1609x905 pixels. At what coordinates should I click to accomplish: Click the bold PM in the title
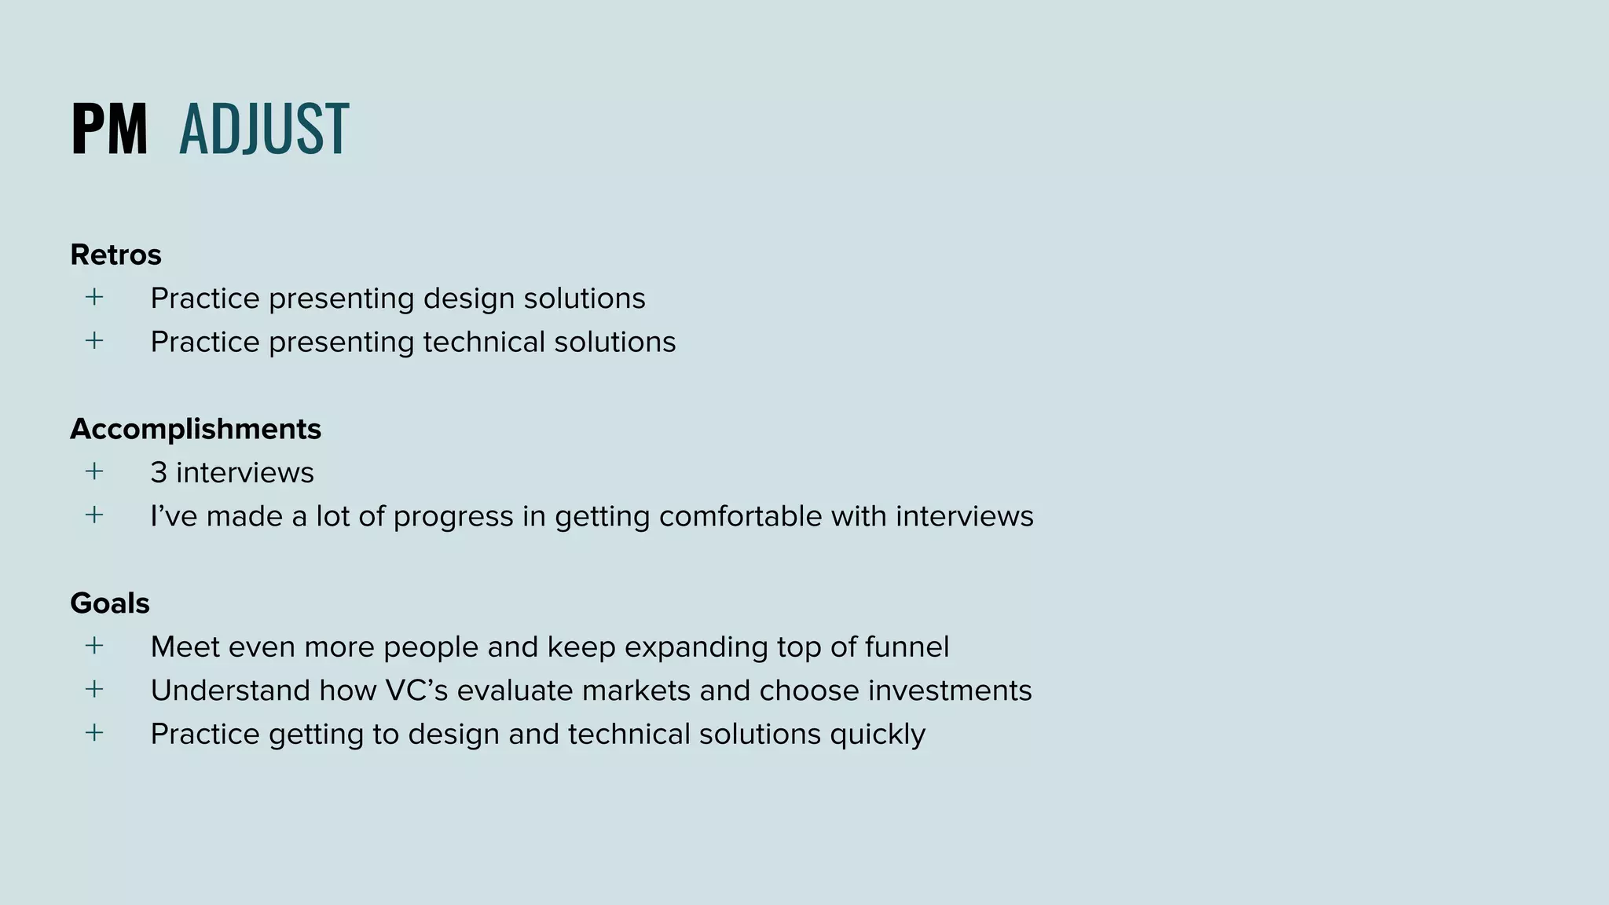point(109,129)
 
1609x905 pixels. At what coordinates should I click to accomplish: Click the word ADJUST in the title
point(264,129)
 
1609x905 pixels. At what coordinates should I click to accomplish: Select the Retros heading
point(115,255)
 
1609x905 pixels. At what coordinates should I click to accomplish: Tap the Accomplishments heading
point(196,429)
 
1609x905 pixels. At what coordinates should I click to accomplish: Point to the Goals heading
point(110,603)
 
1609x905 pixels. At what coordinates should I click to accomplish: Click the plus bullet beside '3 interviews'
point(94,471)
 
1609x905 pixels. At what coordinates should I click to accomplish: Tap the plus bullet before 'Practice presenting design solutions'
point(94,297)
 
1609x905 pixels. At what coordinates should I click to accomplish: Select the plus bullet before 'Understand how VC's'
point(94,689)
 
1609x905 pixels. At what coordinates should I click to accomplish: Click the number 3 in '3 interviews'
point(159,473)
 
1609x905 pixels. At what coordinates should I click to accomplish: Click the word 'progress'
point(453,517)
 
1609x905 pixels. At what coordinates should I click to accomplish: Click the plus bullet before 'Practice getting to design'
point(94,733)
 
